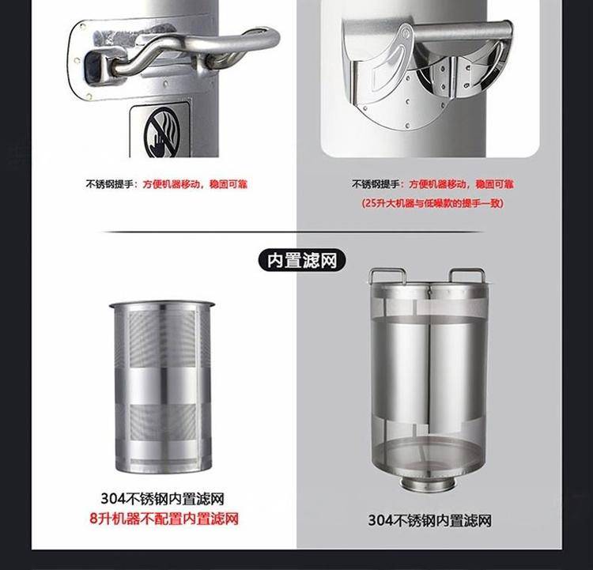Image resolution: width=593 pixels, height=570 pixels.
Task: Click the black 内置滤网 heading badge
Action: click(302, 261)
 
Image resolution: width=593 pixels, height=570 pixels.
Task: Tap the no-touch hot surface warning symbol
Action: click(162, 133)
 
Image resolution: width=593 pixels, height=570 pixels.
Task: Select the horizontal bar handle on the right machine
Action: click(463, 29)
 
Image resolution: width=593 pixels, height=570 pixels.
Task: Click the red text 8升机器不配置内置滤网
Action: click(164, 518)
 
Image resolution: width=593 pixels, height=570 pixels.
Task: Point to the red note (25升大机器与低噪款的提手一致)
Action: click(432, 203)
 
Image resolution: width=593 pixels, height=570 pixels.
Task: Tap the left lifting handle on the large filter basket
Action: click(387, 275)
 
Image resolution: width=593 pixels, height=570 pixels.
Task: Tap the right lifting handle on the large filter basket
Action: click(466, 274)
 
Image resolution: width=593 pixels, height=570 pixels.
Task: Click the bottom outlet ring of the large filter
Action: click(427, 485)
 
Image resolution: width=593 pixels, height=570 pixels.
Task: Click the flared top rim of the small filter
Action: click(162, 304)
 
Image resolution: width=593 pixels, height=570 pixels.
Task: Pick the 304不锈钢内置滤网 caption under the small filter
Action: click(162, 499)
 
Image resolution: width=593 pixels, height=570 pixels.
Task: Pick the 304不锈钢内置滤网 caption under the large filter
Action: click(429, 520)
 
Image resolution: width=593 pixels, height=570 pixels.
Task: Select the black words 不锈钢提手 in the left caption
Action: click(109, 184)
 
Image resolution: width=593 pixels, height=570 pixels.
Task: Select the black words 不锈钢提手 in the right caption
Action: click(376, 184)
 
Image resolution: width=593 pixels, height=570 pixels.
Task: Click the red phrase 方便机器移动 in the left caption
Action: click(172, 184)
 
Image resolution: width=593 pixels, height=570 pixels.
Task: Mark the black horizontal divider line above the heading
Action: click(293, 232)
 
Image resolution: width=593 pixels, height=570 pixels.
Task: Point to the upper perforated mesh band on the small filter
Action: click(162, 338)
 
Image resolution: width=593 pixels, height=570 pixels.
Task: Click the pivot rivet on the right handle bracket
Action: click(406, 34)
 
